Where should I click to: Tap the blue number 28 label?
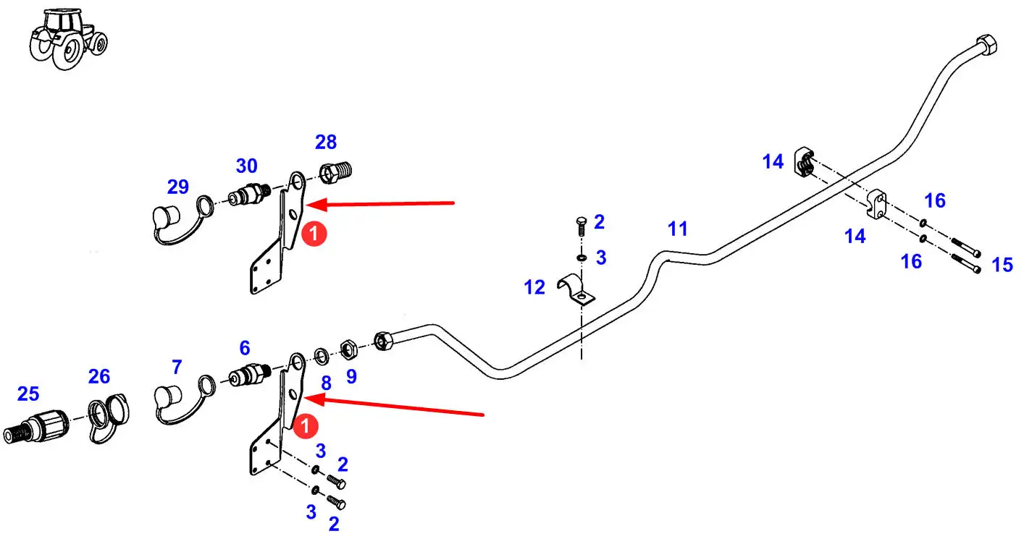[325, 142]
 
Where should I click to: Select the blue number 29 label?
[178, 187]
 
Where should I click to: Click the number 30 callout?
[246, 166]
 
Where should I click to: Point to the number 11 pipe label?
[677, 229]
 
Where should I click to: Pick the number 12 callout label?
[534, 288]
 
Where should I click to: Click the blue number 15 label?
[1002, 265]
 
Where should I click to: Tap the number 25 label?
[28, 394]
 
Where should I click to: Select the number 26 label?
[99, 376]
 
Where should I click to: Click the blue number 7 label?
[177, 368]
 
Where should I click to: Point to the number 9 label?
[351, 376]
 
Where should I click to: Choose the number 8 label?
[326, 383]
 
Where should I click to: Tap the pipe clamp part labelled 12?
[575, 290]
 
